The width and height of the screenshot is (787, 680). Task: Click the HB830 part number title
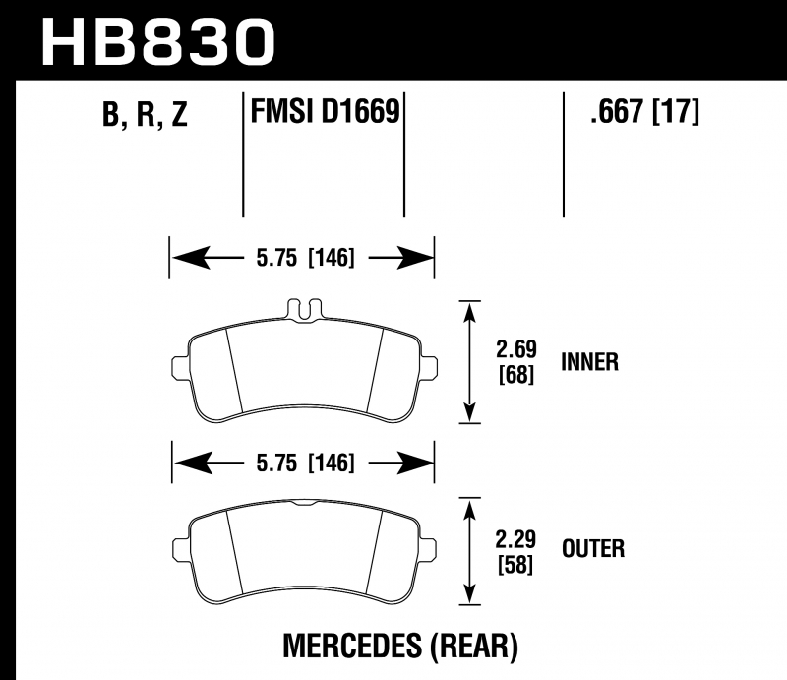tap(158, 42)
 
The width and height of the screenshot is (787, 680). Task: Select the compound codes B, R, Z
tap(145, 114)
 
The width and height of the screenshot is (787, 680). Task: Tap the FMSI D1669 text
tap(325, 111)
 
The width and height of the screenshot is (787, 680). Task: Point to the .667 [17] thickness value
tap(644, 111)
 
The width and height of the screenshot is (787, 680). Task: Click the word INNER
tap(589, 362)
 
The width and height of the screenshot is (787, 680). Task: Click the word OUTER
tap(593, 548)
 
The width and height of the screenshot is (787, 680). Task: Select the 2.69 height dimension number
tap(516, 349)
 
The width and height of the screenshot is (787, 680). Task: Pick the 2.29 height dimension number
tap(515, 539)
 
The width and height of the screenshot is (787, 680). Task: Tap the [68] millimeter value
tap(516, 375)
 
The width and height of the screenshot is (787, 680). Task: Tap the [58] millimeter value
tap(515, 565)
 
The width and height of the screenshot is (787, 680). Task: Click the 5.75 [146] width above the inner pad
tap(305, 258)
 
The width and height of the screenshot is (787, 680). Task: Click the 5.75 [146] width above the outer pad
tap(305, 463)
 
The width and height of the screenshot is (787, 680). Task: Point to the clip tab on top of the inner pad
tap(304, 309)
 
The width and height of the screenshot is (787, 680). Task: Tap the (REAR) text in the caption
tap(474, 646)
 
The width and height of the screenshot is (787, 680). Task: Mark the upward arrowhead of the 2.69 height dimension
tap(469, 312)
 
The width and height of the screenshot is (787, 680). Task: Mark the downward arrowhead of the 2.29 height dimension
tap(469, 594)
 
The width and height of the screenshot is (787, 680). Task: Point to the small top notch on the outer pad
tap(304, 503)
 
